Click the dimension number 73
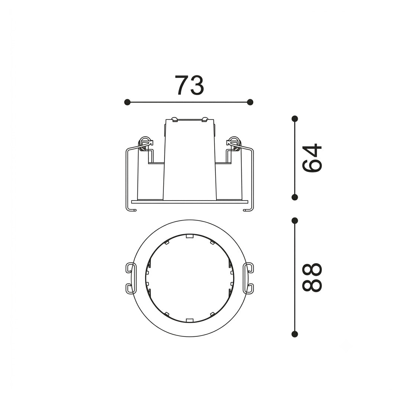[x=189, y=85]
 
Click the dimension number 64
[x=312, y=158]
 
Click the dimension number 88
[x=312, y=277]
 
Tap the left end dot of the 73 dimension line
[x=127, y=102]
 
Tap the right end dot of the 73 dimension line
[x=250, y=102]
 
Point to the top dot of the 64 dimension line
[x=295, y=119]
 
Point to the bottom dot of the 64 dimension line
[x=295, y=197]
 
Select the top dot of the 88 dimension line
[x=295, y=221]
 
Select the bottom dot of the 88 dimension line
[x=295, y=334]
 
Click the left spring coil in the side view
[x=144, y=143]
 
